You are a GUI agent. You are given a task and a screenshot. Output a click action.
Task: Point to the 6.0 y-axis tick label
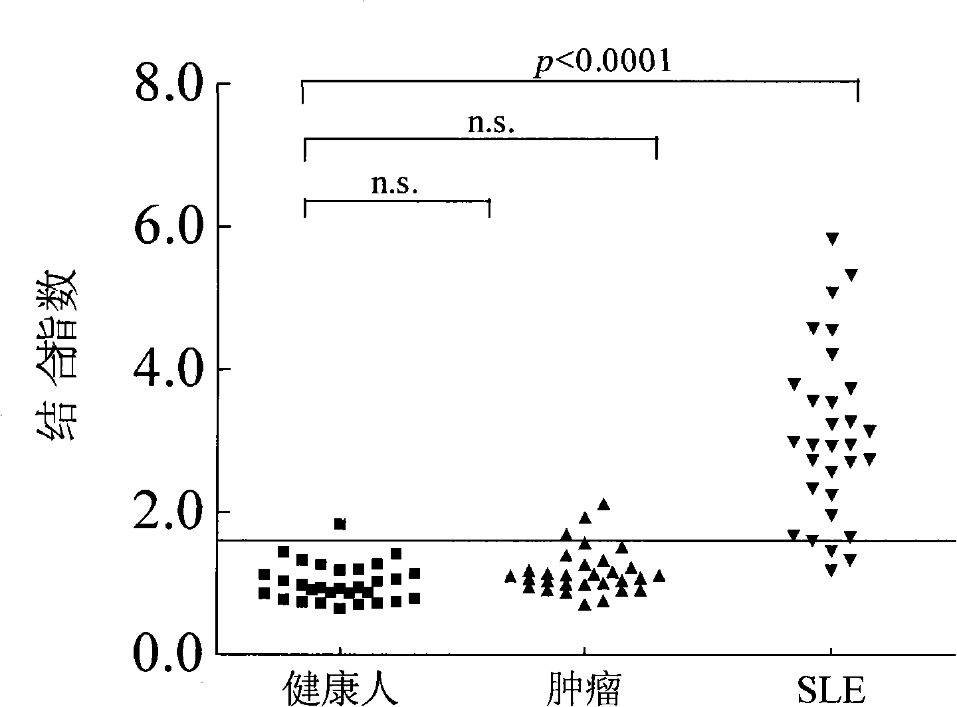[168, 226]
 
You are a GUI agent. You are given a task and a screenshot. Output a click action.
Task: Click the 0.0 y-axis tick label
[168, 655]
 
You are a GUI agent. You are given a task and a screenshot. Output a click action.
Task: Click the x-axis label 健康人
[340, 688]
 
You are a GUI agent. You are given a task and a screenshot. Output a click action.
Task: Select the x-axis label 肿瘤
[584, 688]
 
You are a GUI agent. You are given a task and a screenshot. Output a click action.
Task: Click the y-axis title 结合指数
[56, 355]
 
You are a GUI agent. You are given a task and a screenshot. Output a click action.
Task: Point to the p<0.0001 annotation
[603, 62]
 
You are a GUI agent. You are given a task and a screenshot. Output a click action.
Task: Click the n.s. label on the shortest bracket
[394, 184]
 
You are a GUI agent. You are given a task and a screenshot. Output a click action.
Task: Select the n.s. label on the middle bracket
[491, 124]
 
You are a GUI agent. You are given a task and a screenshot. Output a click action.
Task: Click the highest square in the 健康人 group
[340, 524]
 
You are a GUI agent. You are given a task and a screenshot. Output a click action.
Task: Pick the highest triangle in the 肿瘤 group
[603, 504]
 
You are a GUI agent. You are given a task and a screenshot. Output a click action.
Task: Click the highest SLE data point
[832, 239]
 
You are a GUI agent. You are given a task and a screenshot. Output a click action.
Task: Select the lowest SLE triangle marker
[831, 570]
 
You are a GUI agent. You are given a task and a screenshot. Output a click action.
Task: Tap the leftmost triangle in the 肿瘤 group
[510, 576]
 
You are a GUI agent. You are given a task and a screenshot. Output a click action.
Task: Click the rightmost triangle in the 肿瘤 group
[659, 576]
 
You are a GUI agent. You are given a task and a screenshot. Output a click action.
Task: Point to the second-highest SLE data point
[851, 275]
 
